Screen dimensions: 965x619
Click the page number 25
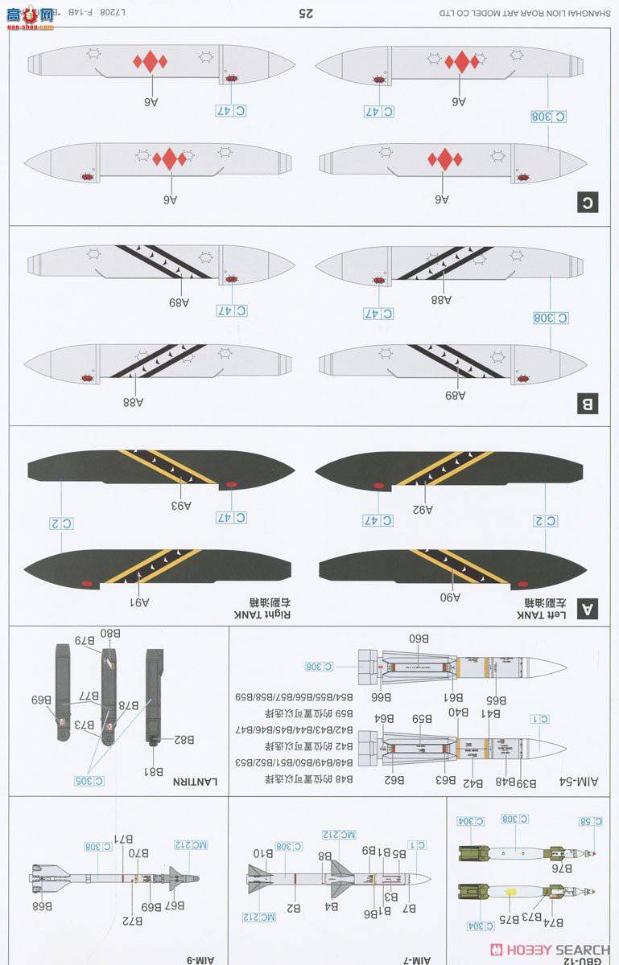(306, 13)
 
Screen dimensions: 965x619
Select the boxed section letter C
(588, 203)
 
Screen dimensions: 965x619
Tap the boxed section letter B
(588, 404)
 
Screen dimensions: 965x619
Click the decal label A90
(450, 597)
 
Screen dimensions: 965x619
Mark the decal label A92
(423, 509)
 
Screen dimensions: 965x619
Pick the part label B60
(419, 639)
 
